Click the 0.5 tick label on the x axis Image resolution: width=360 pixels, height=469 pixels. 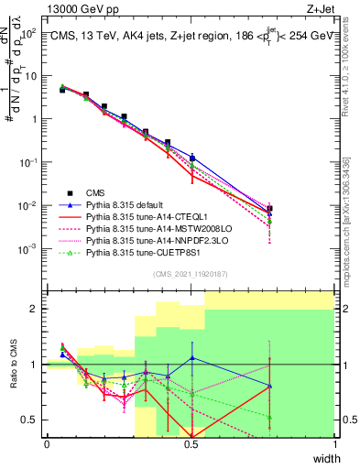tap(191, 444)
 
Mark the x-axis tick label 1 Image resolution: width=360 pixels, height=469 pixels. tap(334, 444)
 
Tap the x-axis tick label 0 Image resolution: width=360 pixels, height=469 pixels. tap(47, 444)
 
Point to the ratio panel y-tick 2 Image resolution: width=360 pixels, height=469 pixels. tap(34, 309)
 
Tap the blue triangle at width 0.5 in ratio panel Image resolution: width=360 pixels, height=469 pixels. tap(191, 358)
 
